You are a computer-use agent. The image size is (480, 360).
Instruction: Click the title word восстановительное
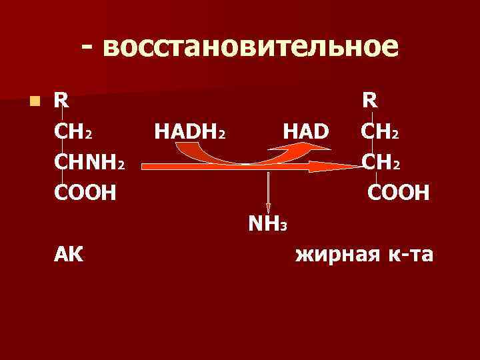tap(251, 47)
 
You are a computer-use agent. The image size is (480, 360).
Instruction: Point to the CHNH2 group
tap(90, 163)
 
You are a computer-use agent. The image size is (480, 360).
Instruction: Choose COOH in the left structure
tap(85, 193)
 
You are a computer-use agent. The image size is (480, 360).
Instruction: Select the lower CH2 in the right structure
tap(381, 163)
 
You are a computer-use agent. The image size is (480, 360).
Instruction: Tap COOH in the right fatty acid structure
tap(398, 193)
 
